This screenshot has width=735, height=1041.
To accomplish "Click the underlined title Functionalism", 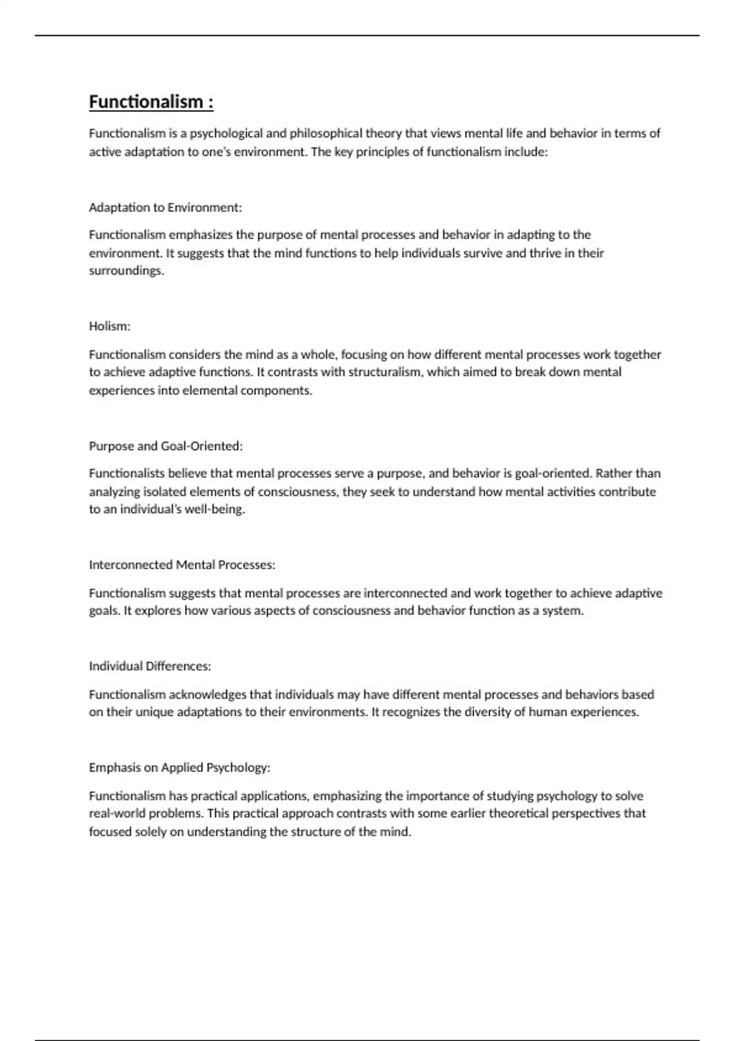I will pos(151,102).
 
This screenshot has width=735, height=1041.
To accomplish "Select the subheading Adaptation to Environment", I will pos(165,208).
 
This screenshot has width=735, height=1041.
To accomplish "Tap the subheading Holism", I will pos(110,326).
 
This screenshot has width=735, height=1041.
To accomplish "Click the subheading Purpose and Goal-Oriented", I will pos(165,446).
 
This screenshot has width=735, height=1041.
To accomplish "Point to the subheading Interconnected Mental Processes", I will pos(182,565).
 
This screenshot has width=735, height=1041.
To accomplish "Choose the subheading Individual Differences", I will pos(150,666).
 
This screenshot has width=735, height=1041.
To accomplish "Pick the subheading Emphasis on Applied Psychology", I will pos(179,767).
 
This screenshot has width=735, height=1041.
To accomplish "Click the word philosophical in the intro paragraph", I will pos(326,133).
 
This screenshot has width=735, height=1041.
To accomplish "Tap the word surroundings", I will pos(127,271).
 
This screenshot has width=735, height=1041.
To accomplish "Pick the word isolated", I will pos(165,492).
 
